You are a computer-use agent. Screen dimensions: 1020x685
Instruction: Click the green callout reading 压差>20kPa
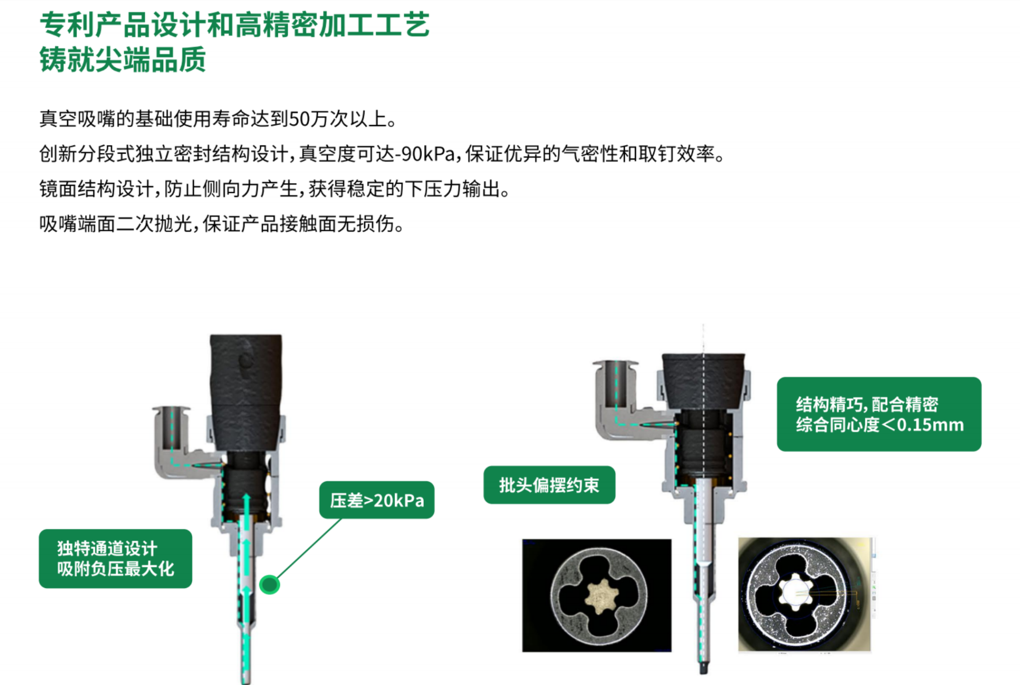377,500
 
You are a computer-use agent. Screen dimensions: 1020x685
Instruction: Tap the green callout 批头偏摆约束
549,485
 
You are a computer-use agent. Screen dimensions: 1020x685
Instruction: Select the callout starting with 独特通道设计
115,558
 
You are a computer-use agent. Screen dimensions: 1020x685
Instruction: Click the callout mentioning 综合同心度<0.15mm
879,414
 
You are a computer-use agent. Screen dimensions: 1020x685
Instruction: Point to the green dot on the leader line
269,584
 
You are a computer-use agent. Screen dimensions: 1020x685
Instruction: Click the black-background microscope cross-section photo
597,595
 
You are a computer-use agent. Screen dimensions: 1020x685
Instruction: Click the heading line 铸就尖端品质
123,60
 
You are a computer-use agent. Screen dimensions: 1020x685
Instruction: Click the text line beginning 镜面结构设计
274,189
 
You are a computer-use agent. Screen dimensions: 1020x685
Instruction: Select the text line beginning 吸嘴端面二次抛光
221,224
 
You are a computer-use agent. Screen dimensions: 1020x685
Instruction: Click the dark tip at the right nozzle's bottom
704,667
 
